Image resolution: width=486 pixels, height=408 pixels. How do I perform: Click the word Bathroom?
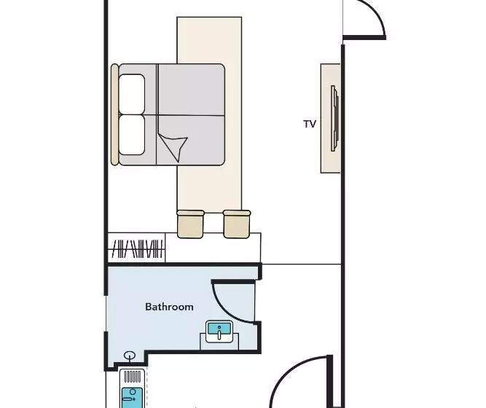coord(169,307)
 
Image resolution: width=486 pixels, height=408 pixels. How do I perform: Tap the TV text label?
coord(310,124)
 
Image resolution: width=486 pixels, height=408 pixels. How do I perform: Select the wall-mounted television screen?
coord(334,118)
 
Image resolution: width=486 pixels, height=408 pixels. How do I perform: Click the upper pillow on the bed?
coord(132,94)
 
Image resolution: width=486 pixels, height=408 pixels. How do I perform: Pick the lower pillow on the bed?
coord(132,135)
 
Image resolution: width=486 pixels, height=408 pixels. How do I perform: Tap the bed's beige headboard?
coord(114,114)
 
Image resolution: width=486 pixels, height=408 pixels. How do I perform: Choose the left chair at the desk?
coord(190,224)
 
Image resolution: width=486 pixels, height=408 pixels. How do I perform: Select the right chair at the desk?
coord(237,224)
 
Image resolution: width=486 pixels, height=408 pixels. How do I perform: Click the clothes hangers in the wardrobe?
coord(137,248)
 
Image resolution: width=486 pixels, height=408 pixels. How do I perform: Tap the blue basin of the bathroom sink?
coord(219,329)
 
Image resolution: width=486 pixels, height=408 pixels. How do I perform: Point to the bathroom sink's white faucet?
coord(219,334)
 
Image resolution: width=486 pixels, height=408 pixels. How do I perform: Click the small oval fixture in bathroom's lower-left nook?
coord(130,355)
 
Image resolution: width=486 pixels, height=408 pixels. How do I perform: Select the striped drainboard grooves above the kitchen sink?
coord(133,377)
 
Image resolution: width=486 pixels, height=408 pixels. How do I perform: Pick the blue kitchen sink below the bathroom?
coord(132,398)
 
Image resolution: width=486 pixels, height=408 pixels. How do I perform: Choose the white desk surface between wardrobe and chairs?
coord(213,248)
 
